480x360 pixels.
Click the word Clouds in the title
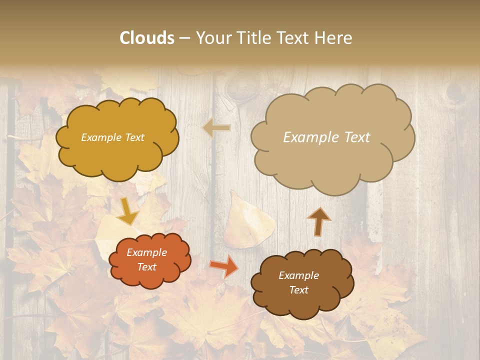coord(147,38)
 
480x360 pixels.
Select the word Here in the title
coord(333,38)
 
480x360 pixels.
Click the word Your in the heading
coord(214,38)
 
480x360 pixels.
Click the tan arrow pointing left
coord(216,128)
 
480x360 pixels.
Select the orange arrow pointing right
coord(223,265)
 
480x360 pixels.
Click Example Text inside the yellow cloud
coord(112,137)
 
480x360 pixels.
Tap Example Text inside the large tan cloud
coord(326,137)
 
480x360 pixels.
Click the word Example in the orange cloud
coord(146,252)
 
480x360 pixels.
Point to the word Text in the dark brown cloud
coord(298,290)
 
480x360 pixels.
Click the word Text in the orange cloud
coord(146,267)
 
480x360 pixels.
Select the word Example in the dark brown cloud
coord(298,275)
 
